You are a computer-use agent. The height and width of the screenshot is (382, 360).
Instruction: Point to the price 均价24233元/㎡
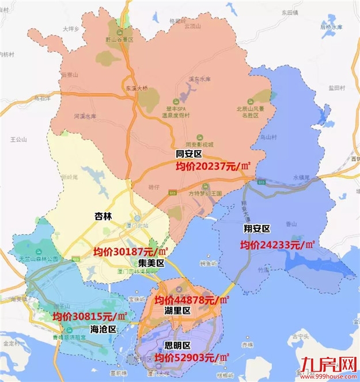[x=277, y=245]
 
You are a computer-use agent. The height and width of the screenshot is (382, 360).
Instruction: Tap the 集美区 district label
[x=151, y=263]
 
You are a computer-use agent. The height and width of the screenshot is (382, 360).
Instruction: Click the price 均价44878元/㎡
[x=192, y=300]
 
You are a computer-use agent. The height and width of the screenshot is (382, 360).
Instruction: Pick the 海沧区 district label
[x=104, y=329]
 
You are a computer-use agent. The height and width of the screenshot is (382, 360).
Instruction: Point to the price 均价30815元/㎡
[x=90, y=316]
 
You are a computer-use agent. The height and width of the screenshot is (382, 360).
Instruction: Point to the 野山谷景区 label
[x=119, y=40]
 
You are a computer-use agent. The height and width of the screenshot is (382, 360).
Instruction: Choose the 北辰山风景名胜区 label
[x=243, y=112]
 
